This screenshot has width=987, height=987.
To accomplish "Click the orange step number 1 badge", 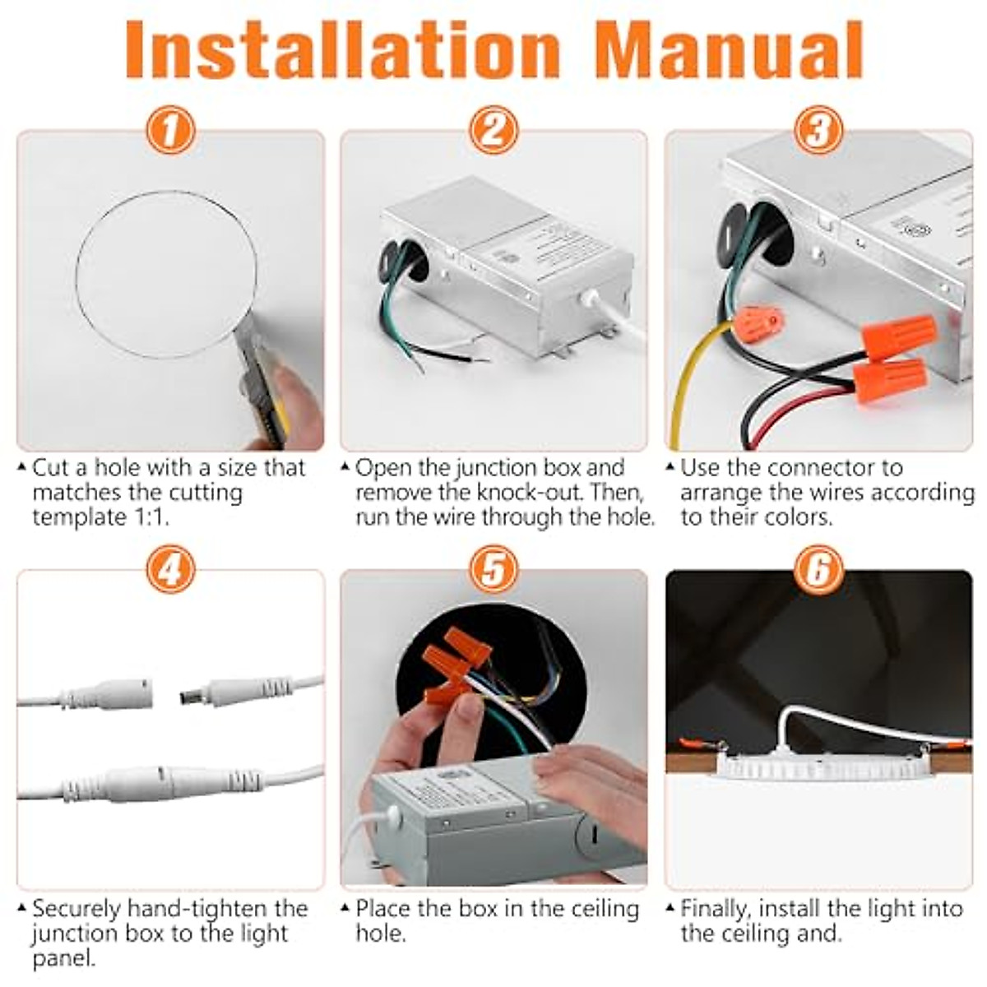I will tap(170, 131).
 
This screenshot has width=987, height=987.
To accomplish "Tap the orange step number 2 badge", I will tap(493, 131).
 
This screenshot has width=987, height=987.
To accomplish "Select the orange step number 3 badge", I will tap(818, 131).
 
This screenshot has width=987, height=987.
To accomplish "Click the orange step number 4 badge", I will tap(170, 569).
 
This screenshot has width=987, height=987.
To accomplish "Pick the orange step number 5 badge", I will tap(493, 569).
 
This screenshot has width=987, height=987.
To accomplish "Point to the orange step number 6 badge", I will tap(818, 569).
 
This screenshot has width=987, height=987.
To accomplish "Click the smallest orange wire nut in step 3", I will tap(758, 319).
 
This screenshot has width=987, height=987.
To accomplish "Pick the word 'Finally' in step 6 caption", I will tap(716, 909).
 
